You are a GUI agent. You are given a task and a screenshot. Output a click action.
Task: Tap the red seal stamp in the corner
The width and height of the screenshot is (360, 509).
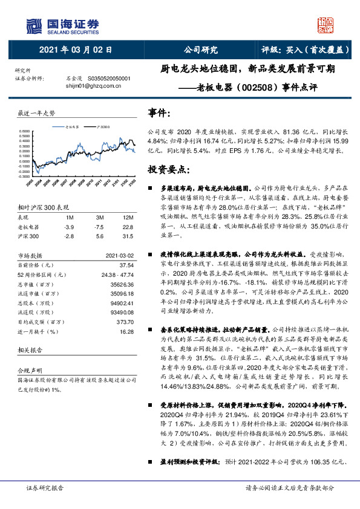pyautogui.click(x=327, y=25)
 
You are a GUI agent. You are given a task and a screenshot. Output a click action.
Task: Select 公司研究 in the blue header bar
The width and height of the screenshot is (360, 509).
pyautogui.click(x=200, y=50)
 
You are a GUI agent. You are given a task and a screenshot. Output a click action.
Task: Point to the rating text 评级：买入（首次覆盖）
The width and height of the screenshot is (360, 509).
pyautogui.click(x=299, y=50)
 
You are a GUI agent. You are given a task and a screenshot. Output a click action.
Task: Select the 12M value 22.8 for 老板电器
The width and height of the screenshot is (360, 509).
pyautogui.click(x=128, y=226)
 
